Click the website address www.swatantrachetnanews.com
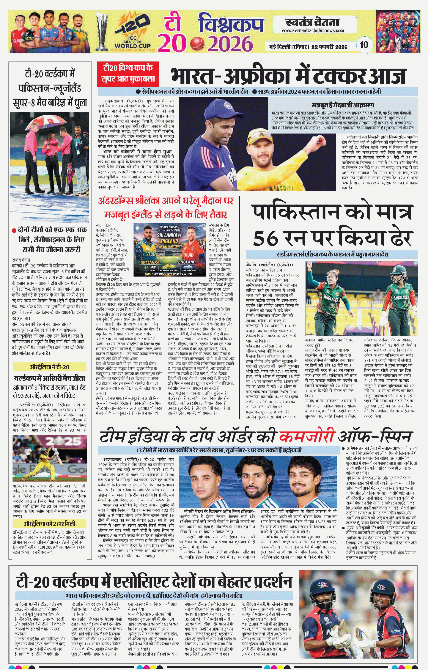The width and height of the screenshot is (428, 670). point(313,31)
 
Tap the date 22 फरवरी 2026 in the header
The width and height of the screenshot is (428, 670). point(329,47)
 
